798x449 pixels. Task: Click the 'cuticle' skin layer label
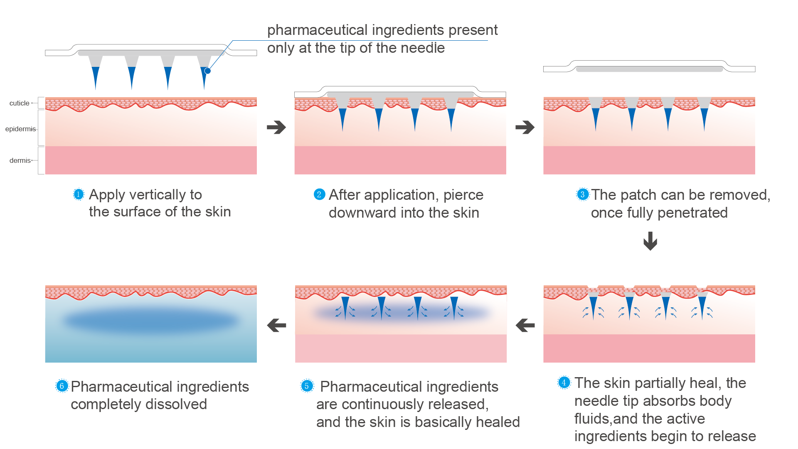[19, 103]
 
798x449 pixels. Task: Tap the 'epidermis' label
[20, 129]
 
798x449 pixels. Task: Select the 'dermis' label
[20, 160]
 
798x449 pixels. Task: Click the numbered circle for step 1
[78, 194]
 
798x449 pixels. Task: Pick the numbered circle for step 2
[319, 194]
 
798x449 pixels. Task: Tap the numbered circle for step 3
[582, 194]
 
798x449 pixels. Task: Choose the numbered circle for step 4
[564, 383]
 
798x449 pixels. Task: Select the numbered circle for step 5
[307, 386]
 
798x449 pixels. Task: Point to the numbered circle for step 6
[62, 386]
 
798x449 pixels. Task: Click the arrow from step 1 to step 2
[276, 127]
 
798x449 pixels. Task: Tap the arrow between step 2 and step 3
[525, 127]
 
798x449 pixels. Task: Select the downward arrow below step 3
[650, 241]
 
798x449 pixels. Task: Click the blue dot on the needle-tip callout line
[207, 71]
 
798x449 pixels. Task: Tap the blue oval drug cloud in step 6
[150, 321]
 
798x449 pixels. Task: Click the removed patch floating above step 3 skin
[649, 67]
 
